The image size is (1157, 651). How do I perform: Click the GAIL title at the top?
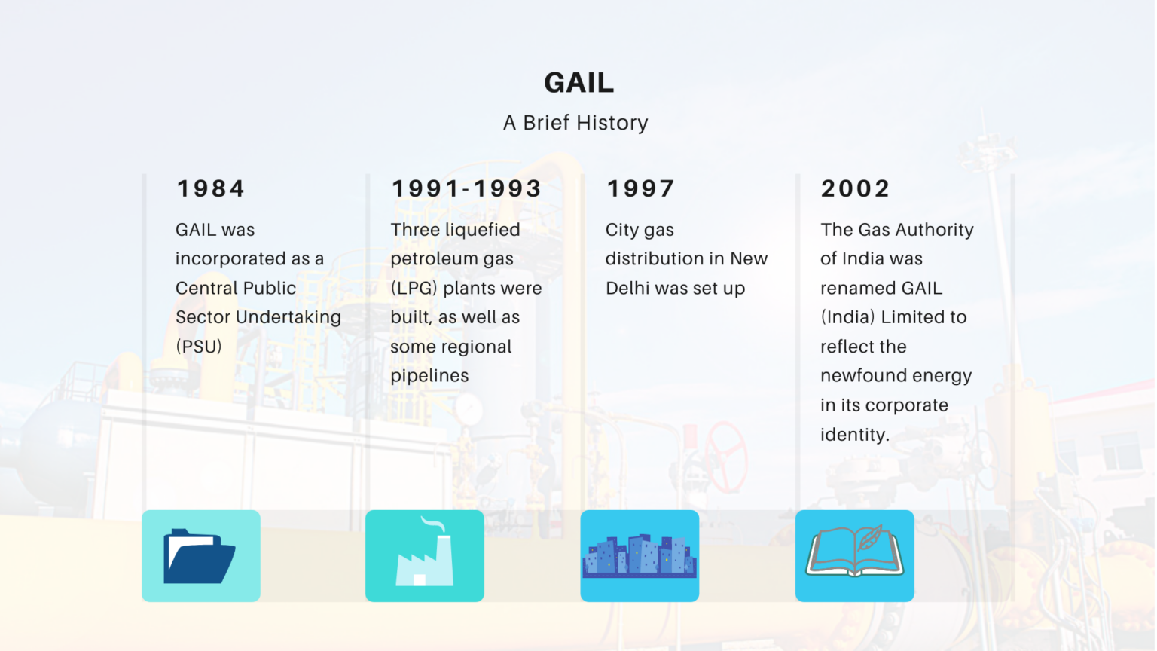(x=578, y=83)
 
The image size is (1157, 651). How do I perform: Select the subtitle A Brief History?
(x=575, y=123)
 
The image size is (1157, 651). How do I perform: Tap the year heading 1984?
(x=211, y=188)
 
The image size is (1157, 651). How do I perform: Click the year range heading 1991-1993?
(x=466, y=188)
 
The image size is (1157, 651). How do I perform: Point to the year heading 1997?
(x=640, y=188)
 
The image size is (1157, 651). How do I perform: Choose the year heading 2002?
(x=855, y=188)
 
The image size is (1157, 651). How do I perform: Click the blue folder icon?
(x=200, y=556)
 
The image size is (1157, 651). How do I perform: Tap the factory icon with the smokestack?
(x=425, y=556)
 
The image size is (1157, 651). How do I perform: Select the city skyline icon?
(x=640, y=556)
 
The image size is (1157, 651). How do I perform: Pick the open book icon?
(x=854, y=556)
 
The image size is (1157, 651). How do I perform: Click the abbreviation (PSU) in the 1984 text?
(x=199, y=347)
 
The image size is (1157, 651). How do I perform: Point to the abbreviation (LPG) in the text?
(x=414, y=289)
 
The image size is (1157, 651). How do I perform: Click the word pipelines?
(x=429, y=376)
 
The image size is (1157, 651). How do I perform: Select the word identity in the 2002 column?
(x=854, y=435)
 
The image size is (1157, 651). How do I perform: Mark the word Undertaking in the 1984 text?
(x=288, y=317)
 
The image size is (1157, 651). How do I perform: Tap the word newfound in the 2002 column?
(x=863, y=376)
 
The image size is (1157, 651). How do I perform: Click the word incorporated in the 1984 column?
(x=230, y=259)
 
